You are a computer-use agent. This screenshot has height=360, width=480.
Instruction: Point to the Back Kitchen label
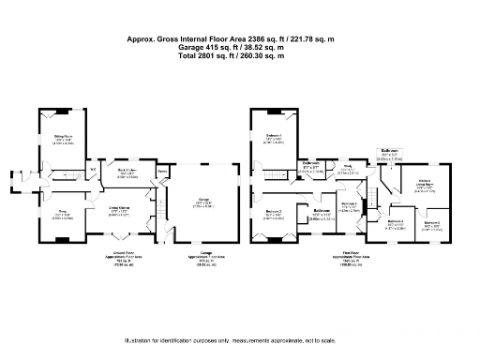point(127,171)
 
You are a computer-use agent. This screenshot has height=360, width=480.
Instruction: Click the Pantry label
point(161,172)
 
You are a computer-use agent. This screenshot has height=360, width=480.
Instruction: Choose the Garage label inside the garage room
point(202,199)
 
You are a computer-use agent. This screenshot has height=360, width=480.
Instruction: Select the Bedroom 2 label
point(272,212)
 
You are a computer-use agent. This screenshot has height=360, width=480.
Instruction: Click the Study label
point(347,166)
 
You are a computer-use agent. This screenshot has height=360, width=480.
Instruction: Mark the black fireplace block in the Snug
point(59,240)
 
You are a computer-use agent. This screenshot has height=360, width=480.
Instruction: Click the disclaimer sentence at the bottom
point(231,341)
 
